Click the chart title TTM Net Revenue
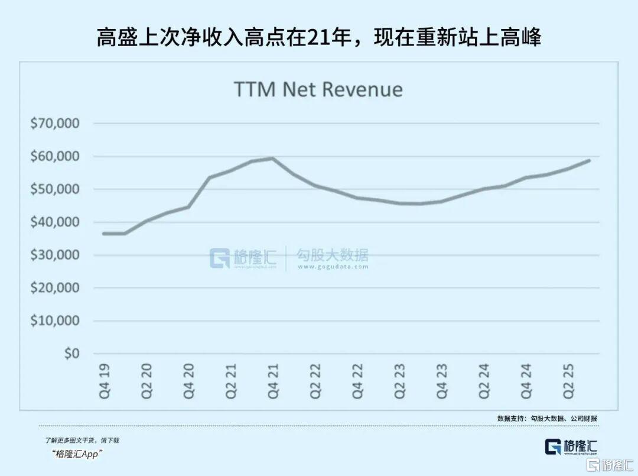[318, 89]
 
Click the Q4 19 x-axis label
[105, 381]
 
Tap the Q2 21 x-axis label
[231, 381]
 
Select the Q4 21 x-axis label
[273, 381]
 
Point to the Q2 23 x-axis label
[400, 381]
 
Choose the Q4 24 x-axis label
[526, 381]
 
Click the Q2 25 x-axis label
[568, 381]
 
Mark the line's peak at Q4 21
[272, 158]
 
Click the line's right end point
[589, 160]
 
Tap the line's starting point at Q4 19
[104, 234]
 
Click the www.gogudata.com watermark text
[333, 267]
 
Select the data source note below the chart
[547, 418]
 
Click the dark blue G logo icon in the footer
[554, 447]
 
